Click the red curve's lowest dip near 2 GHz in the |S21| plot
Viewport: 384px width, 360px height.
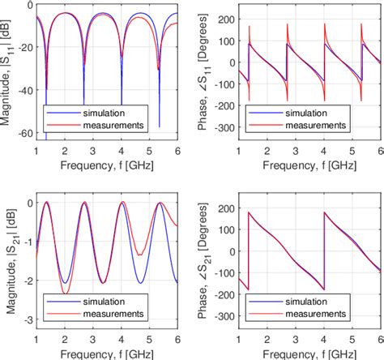click(x=66, y=293)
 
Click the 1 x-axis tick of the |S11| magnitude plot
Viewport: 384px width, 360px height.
click(x=36, y=151)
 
